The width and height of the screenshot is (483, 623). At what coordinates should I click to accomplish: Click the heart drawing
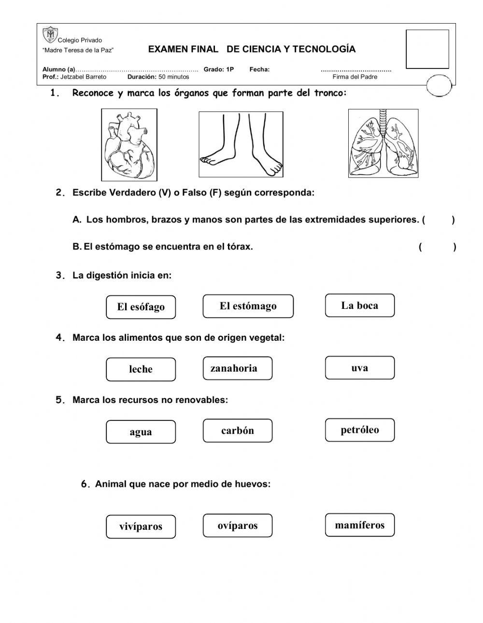[x=129, y=145]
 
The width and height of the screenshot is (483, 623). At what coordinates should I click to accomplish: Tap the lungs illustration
[x=383, y=143]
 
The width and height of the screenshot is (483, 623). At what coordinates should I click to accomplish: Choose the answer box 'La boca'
[x=360, y=305]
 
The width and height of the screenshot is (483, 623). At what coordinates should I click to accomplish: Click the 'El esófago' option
[x=141, y=307]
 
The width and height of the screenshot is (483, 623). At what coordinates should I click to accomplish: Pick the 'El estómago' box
[x=248, y=306]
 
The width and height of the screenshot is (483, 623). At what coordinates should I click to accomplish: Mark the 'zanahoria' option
[x=237, y=369]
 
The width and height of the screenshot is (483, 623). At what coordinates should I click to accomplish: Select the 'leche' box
[x=141, y=370]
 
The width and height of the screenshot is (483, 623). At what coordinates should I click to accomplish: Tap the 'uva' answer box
[x=360, y=368]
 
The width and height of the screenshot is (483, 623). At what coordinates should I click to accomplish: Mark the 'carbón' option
[x=237, y=431]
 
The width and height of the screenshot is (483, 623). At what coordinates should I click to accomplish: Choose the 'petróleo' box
[x=360, y=430]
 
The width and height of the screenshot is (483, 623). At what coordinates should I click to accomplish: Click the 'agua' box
[x=141, y=432]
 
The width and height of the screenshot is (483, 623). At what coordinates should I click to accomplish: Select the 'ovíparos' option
[x=237, y=526]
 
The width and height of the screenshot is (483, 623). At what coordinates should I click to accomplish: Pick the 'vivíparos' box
[x=141, y=526]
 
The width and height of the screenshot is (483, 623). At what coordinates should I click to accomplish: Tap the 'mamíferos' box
[x=360, y=525]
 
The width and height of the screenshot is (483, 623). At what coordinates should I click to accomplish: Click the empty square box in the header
[x=427, y=49]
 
